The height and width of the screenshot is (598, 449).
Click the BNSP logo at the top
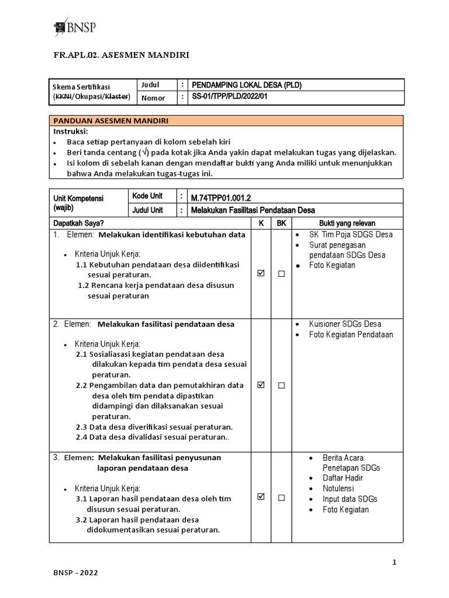[x=75, y=27]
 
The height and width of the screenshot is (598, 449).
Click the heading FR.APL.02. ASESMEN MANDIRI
[x=122, y=55]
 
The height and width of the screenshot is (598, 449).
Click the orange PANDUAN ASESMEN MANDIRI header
[x=111, y=121]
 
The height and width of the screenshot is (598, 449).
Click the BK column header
[x=281, y=224]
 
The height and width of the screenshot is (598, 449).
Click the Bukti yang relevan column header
[x=347, y=224]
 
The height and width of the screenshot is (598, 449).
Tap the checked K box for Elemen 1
[x=261, y=273]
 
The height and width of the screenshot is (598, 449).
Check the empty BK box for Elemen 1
[x=281, y=273]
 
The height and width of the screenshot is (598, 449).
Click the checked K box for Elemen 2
[x=261, y=385]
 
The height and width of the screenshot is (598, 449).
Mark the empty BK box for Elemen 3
[x=281, y=498]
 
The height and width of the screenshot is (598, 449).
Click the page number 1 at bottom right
[x=395, y=562]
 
